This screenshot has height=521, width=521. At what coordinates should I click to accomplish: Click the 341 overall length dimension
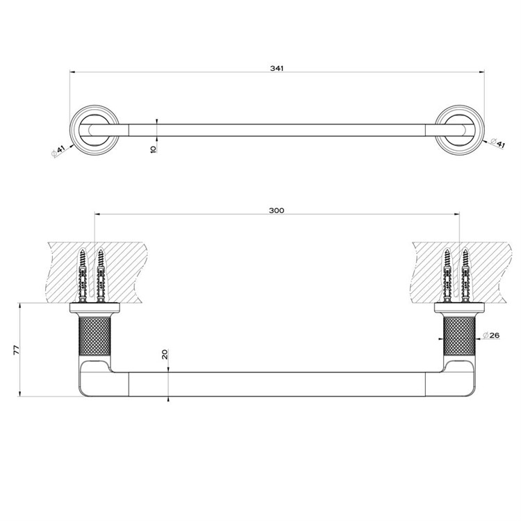pos(276,68)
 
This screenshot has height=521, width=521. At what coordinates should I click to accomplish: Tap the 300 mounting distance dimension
pos(276,210)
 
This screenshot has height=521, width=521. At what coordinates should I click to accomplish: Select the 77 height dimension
pos(16,350)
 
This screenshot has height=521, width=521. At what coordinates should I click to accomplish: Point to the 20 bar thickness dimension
pos(165,354)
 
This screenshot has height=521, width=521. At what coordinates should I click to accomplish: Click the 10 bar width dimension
pos(154,149)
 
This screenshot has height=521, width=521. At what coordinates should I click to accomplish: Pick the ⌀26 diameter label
pos(491,335)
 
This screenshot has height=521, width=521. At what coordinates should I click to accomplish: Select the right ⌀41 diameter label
pos(498,143)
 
